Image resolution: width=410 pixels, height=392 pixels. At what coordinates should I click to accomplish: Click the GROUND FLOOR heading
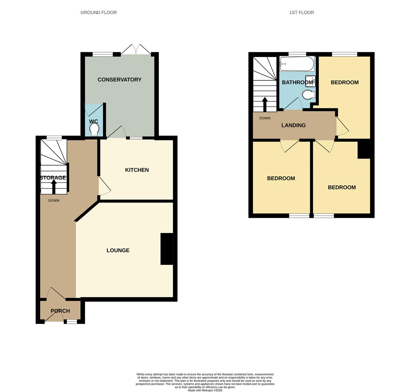(x=98, y=12)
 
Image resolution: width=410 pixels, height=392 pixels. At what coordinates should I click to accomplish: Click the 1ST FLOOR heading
(x=302, y=12)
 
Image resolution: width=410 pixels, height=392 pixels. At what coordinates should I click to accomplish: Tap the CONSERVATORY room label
(x=119, y=79)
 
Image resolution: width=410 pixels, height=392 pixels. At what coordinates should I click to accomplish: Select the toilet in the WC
(x=94, y=129)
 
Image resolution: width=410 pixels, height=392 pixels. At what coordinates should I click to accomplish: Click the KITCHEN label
(x=137, y=170)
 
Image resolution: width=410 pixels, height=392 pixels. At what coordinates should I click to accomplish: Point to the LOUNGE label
(x=118, y=250)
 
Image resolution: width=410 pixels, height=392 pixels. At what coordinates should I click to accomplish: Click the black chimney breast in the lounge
(x=167, y=249)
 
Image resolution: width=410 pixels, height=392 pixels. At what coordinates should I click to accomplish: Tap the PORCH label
(x=60, y=311)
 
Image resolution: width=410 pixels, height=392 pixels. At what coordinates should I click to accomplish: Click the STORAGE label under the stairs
(x=53, y=178)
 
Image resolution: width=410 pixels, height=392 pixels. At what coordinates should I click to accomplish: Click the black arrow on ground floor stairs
(x=54, y=187)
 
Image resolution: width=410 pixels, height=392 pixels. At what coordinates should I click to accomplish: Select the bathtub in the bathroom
(x=297, y=64)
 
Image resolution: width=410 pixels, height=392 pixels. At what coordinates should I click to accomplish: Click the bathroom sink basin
(x=310, y=81)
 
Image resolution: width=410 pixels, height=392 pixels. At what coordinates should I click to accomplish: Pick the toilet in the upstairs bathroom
(x=308, y=95)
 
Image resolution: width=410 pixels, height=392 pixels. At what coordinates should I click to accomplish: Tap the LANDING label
(x=294, y=125)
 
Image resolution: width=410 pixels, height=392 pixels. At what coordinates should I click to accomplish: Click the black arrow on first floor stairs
(x=265, y=104)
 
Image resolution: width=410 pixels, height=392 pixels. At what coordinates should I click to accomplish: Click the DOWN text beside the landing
(x=265, y=118)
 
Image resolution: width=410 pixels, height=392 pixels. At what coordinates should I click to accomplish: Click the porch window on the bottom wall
(x=72, y=322)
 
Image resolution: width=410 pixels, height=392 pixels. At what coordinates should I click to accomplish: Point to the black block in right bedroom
(x=364, y=150)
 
